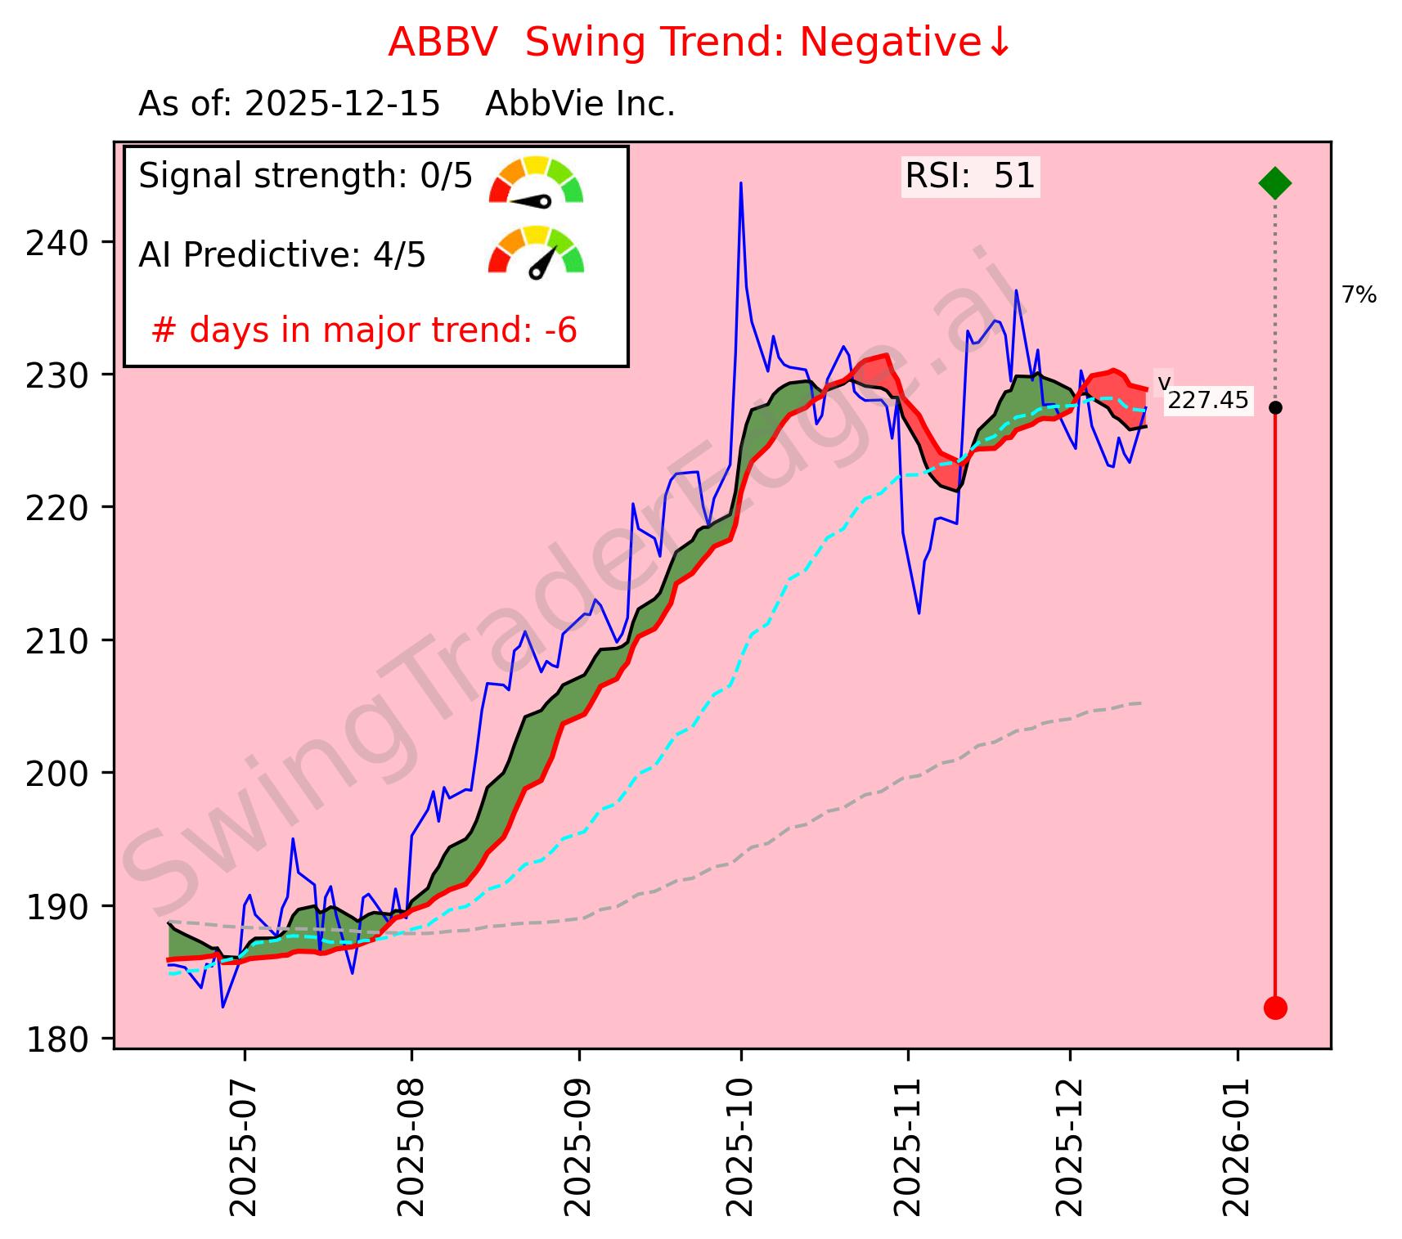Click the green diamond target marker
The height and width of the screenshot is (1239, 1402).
pos(1274,182)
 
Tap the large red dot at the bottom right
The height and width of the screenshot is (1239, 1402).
pos(1274,1008)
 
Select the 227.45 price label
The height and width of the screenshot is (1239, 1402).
pos(1208,401)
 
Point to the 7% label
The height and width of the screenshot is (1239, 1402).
pos(1359,295)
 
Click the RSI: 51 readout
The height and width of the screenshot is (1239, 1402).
pos(970,177)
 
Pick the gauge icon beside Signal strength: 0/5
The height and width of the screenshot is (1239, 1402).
pos(536,181)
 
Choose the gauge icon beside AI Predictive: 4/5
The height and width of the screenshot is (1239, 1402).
pos(536,251)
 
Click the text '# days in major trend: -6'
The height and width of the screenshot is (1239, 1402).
pos(364,331)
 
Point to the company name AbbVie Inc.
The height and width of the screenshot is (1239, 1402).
pos(580,105)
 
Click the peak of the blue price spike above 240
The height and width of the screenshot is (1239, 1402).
pos(741,183)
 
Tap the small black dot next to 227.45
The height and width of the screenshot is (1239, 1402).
pos(1274,407)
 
